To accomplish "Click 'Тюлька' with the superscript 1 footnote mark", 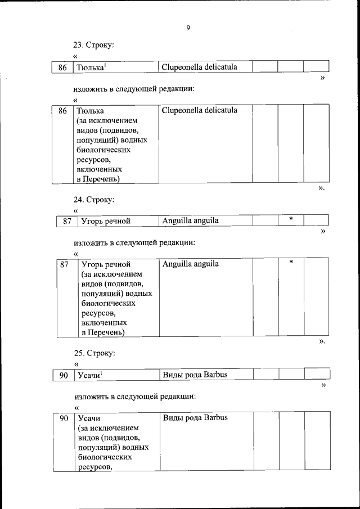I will (92, 67).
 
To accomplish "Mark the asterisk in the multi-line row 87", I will (291, 262).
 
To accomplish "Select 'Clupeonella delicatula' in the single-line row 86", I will (199, 67).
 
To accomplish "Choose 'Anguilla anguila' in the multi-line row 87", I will (190, 263).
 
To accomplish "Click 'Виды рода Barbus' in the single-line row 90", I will (195, 375).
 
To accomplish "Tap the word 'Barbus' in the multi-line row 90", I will (215, 418).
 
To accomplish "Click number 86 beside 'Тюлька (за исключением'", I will (62, 111).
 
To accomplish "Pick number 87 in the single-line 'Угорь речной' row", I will (66, 221).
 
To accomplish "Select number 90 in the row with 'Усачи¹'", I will (64, 375).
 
